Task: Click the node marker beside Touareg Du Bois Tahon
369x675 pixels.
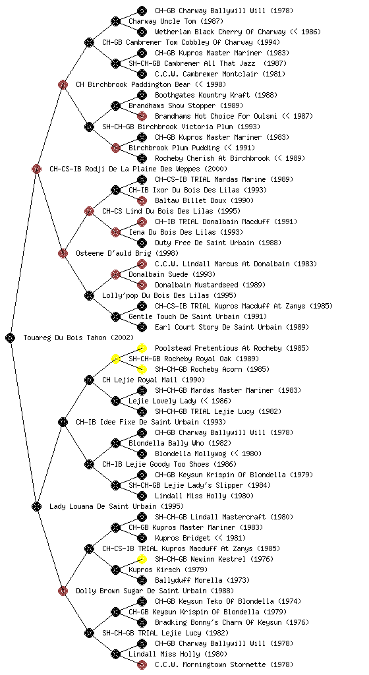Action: pyautogui.click(x=11, y=337)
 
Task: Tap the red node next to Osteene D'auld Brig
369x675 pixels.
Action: pyautogui.click(x=63, y=253)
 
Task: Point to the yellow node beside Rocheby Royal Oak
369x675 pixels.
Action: pyautogui.click(x=115, y=359)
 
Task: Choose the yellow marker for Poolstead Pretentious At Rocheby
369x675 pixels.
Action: pyautogui.click(x=142, y=348)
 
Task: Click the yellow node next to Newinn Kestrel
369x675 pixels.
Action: pyautogui.click(x=142, y=559)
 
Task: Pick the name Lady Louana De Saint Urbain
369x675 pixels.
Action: pyautogui.click(x=117, y=506)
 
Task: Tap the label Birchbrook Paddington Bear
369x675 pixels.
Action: pyautogui.click(x=151, y=84)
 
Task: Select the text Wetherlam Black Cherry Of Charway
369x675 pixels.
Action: pyautogui.click(x=220, y=32)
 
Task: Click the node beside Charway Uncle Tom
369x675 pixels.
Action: pyautogui.click(x=115, y=21)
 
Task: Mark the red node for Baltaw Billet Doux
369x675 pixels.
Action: pyautogui.click(x=142, y=200)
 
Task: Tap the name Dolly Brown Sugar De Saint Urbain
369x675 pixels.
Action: pyautogui.click(x=148, y=591)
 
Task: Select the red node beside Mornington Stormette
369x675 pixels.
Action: pyautogui.click(x=142, y=664)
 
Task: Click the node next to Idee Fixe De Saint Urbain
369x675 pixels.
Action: pyautogui.click(x=63, y=422)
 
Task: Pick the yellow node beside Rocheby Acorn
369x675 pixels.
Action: pyautogui.click(x=142, y=369)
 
